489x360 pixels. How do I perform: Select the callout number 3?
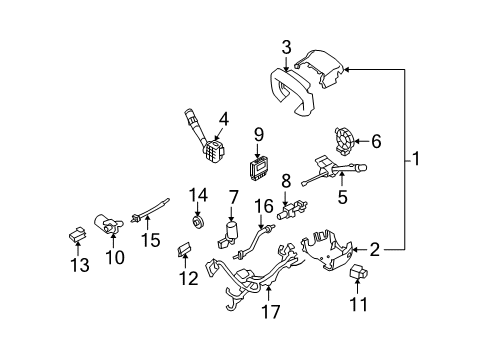[286, 45]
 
